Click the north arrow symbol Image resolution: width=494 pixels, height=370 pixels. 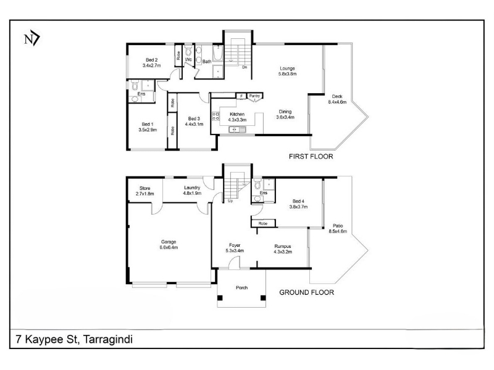31,39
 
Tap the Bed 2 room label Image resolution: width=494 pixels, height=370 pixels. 151,62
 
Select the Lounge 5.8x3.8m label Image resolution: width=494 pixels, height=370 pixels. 288,70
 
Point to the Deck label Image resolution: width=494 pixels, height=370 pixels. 337,99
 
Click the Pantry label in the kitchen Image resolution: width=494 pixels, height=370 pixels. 254,96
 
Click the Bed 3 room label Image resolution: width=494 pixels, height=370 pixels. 194,121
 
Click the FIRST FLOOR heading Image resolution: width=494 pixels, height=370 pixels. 311,157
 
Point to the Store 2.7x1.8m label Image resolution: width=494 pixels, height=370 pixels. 145,191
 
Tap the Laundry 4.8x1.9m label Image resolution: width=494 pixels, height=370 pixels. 192,191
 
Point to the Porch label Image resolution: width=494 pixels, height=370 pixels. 241,288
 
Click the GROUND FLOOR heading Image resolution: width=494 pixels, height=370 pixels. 307,293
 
